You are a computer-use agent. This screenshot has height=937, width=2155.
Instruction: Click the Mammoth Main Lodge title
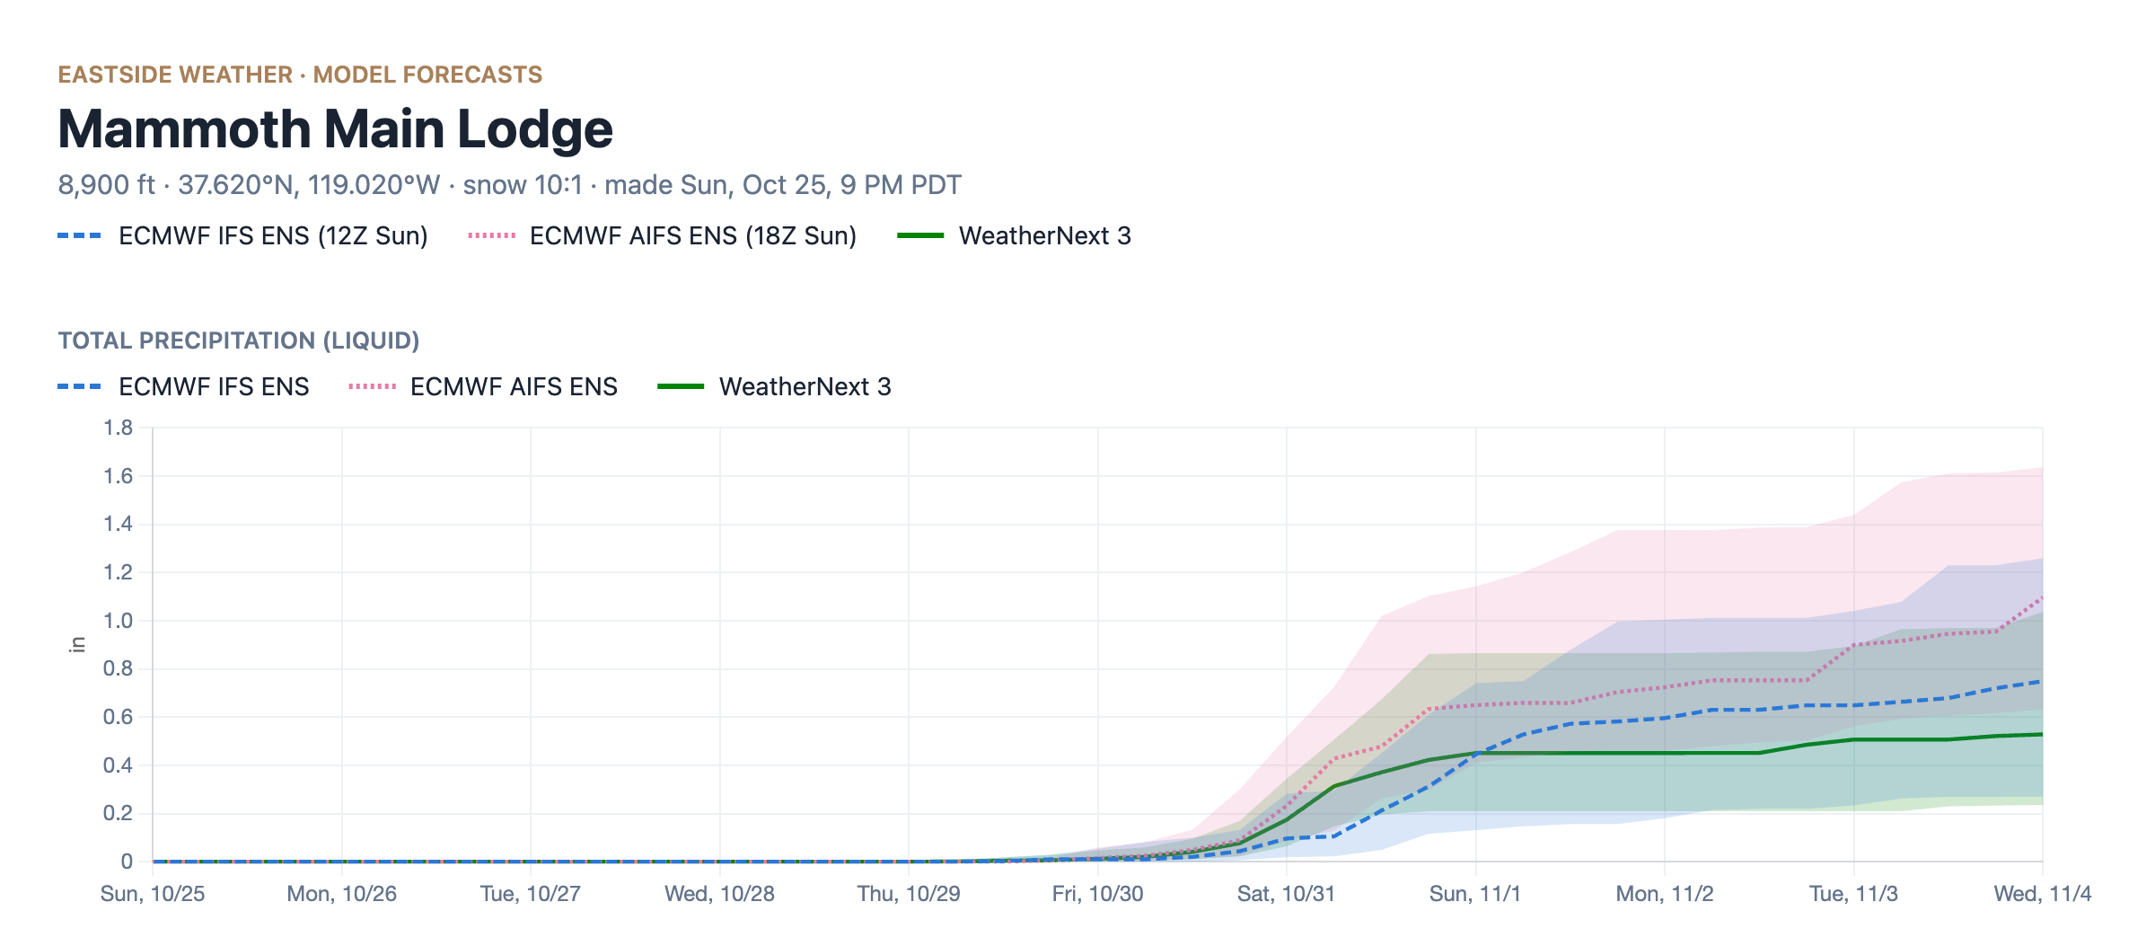(335, 129)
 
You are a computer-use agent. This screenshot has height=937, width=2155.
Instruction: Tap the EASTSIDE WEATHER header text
(175, 75)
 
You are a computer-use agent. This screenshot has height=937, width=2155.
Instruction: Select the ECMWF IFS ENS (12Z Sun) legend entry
(242, 235)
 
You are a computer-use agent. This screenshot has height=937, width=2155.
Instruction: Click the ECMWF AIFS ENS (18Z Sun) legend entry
(662, 235)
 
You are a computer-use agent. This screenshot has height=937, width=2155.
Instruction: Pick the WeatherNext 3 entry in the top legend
(1015, 235)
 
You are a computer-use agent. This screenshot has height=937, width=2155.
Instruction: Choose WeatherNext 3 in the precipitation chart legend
(775, 386)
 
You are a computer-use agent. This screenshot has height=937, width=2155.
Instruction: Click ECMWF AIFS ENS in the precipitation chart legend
(483, 386)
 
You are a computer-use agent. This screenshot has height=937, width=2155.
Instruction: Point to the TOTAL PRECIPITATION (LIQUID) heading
(239, 340)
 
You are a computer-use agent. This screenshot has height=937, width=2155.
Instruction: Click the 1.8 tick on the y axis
(118, 428)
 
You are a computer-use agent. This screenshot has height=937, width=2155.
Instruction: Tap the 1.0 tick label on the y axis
(118, 621)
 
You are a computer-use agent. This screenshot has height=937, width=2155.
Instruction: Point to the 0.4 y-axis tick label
(118, 765)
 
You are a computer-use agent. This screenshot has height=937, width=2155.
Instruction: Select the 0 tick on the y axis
(127, 862)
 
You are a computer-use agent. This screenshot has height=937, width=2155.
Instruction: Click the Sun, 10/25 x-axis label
(153, 894)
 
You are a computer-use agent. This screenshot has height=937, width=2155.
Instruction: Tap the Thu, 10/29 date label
(909, 894)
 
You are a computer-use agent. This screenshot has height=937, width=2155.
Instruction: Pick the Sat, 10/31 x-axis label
(1286, 894)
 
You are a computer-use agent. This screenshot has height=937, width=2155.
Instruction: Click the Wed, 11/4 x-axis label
(2043, 894)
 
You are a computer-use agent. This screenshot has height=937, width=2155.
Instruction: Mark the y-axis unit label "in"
(78, 644)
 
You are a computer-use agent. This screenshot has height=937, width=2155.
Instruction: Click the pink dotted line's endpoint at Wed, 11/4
(2043, 597)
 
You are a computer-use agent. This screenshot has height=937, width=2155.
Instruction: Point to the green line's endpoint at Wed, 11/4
(2043, 735)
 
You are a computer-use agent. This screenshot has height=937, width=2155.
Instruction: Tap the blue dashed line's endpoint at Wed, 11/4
(2043, 681)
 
